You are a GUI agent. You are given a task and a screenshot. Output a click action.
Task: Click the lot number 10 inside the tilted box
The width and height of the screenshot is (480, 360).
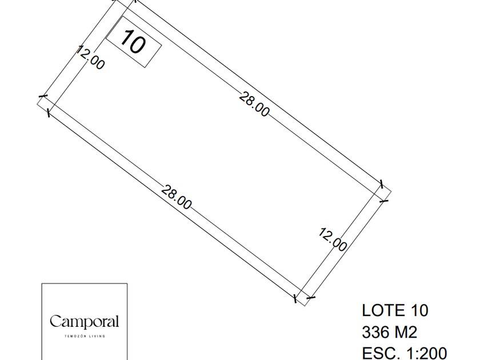click(133, 42)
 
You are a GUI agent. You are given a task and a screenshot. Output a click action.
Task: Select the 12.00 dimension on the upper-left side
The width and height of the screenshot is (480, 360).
click(90, 58)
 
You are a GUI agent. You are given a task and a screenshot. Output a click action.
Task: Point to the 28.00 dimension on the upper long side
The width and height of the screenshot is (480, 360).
click(254, 105)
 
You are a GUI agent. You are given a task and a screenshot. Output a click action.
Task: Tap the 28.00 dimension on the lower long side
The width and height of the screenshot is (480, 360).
click(177, 197)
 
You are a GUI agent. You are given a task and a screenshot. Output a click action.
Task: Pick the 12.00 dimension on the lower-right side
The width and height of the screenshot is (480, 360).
click(333, 239)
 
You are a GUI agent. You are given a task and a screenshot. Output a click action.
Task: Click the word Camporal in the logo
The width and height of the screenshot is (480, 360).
click(84, 322)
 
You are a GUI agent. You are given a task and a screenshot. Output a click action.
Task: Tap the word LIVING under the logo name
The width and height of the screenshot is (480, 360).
click(97, 336)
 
